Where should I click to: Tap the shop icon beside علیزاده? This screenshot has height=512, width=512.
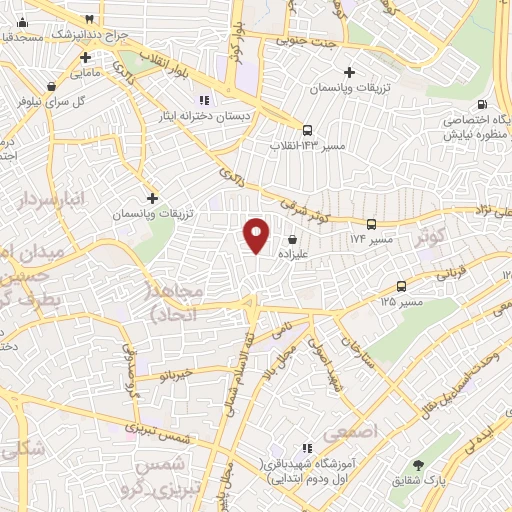[x=292, y=240]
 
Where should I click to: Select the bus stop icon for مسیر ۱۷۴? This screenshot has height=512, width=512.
[x=371, y=224]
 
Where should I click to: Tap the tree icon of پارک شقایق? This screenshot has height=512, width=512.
[x=418, y=465]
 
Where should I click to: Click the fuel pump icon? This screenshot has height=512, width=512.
[x=483, y=104]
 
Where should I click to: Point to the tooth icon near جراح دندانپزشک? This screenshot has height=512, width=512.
[x=91, y=18]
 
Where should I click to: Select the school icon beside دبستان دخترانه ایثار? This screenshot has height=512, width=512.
[x=204, y=99]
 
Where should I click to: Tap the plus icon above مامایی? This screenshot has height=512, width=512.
[x=79, y=56]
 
